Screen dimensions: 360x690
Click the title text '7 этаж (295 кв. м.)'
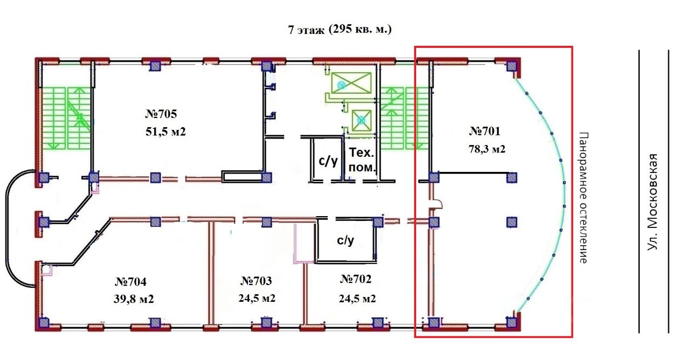tap(340, 30)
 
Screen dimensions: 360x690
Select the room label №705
tap(161, 114)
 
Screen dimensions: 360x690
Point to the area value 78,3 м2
tap(486, 149)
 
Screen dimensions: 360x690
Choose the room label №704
tap(131, 281)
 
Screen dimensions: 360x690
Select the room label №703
tap(256, 281)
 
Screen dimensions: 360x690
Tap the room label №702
tap(356, 279)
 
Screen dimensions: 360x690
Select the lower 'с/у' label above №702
tap(346, 240)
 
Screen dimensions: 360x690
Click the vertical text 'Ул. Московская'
tap(653, 201)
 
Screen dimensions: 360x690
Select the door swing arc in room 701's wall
tap(437, 204)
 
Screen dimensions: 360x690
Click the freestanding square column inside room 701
tap(512, 221)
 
